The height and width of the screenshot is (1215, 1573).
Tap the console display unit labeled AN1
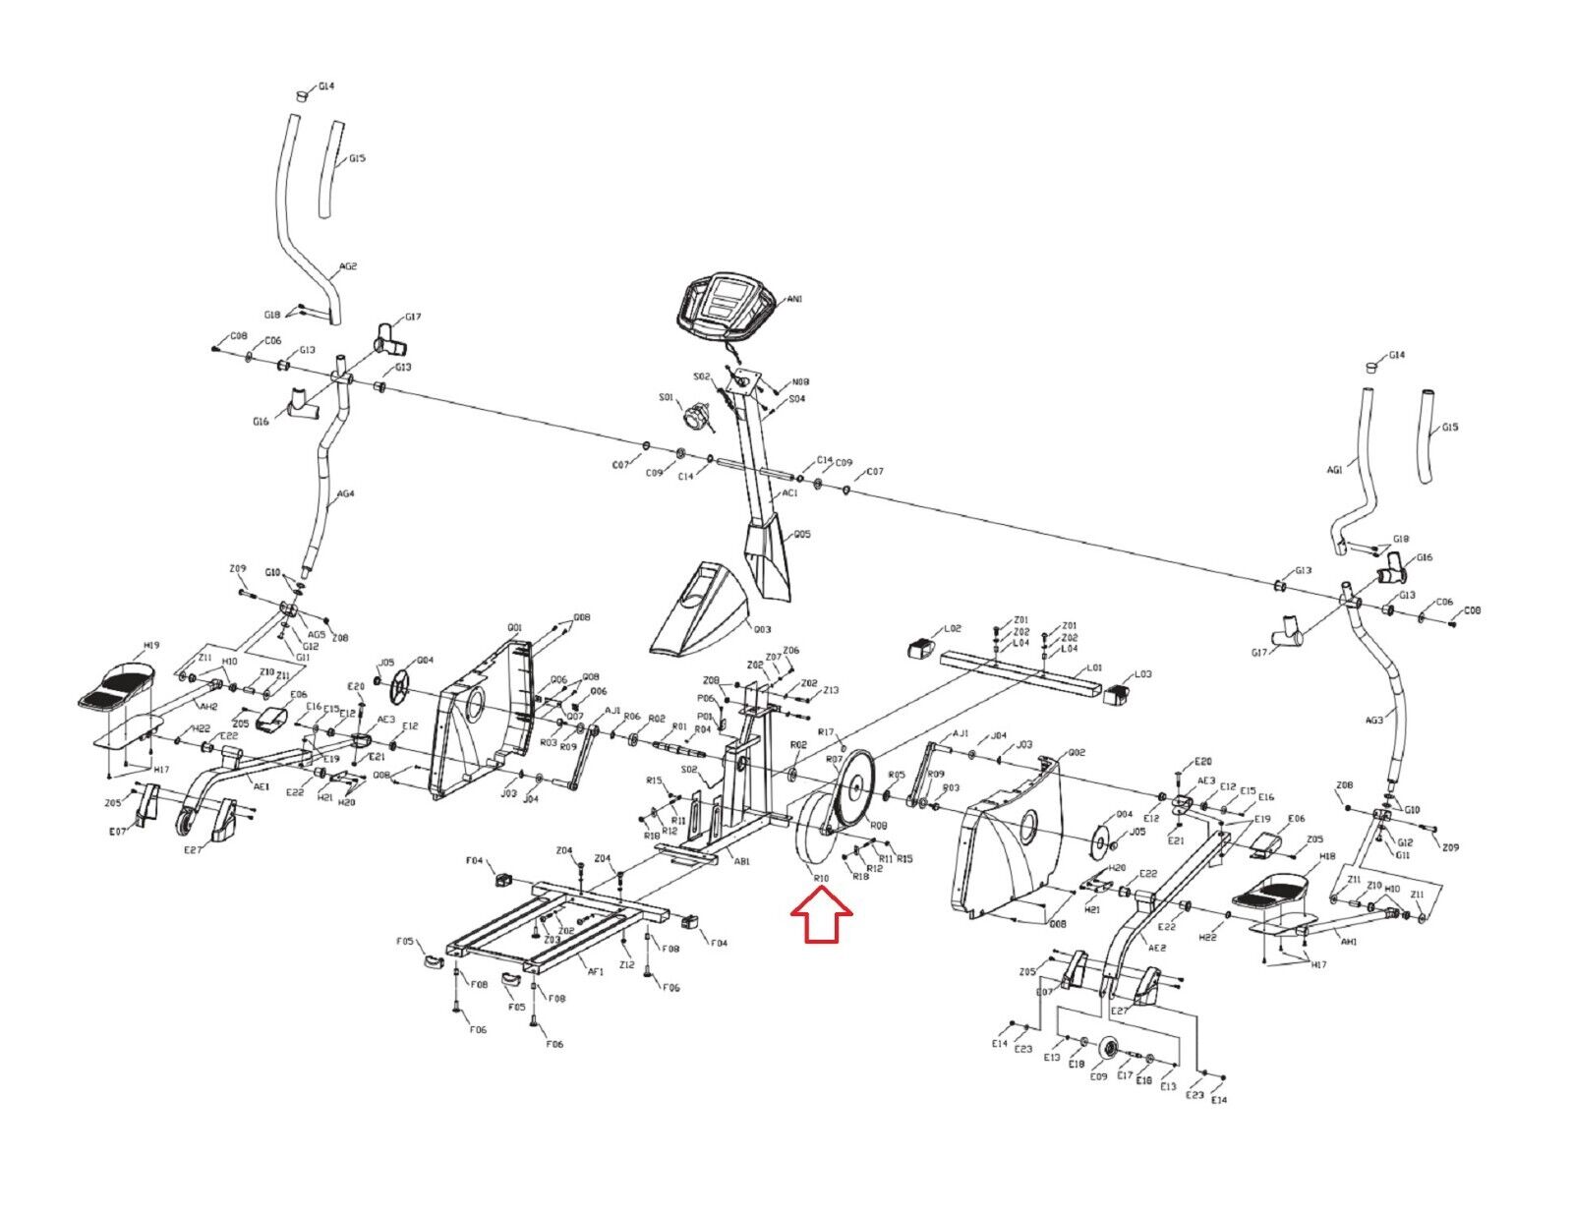(725, 302)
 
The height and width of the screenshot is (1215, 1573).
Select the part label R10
(819, 878)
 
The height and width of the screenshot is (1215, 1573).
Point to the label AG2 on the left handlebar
(348, 266)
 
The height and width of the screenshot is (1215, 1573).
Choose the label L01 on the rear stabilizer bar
(1093, 668)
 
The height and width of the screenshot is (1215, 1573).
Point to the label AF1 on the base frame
(596, 971)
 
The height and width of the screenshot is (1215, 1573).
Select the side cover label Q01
(515, 627)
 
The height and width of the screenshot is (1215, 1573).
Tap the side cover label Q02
(1051, 752)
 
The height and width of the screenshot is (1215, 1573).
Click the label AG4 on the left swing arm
(345, 494)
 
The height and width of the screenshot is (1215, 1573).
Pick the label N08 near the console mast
(801, 382)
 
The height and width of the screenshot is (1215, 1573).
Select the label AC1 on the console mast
(789, 494)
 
